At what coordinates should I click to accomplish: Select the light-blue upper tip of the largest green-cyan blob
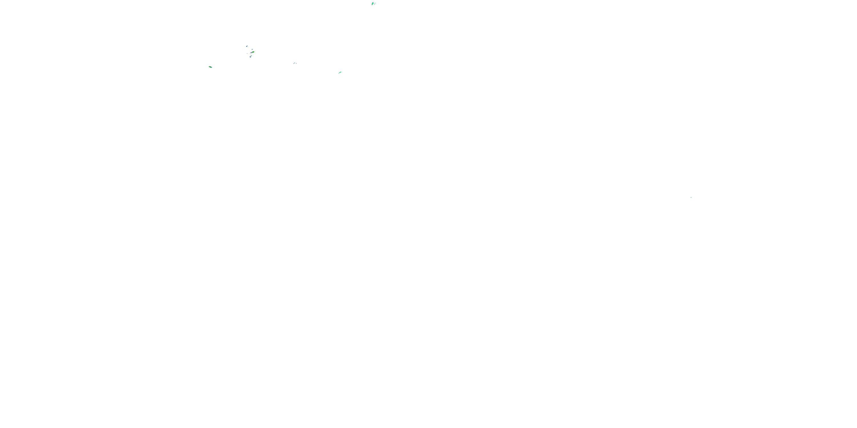pos(373,2)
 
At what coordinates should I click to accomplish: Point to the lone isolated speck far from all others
pos(691,197)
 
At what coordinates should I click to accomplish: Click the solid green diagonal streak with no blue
pos(340,72)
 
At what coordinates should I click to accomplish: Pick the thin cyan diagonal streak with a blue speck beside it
pos(295,63)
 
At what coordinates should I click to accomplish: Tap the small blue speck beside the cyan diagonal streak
pos(296,64)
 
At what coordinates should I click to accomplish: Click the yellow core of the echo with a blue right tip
pos(210,67)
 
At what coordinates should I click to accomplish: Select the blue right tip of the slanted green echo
pos(212,67)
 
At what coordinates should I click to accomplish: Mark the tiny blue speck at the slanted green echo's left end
pos(209,67)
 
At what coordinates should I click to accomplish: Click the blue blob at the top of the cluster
pos(247,46)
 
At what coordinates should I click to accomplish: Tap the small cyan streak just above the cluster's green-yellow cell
pos(252,50)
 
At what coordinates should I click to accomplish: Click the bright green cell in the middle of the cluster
pos(253,52)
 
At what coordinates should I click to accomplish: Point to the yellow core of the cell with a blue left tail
pos(253,52)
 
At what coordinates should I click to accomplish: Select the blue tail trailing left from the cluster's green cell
pos(251,53)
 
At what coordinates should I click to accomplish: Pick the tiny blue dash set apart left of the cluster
pos(247,54)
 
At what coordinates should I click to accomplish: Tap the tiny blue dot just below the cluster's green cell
pos(251,54)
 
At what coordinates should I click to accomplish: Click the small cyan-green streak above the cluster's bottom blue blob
pos(251,56)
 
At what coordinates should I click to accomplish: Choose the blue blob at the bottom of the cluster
pos(251,57)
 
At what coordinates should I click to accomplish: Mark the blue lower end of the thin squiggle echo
pos(375,4)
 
